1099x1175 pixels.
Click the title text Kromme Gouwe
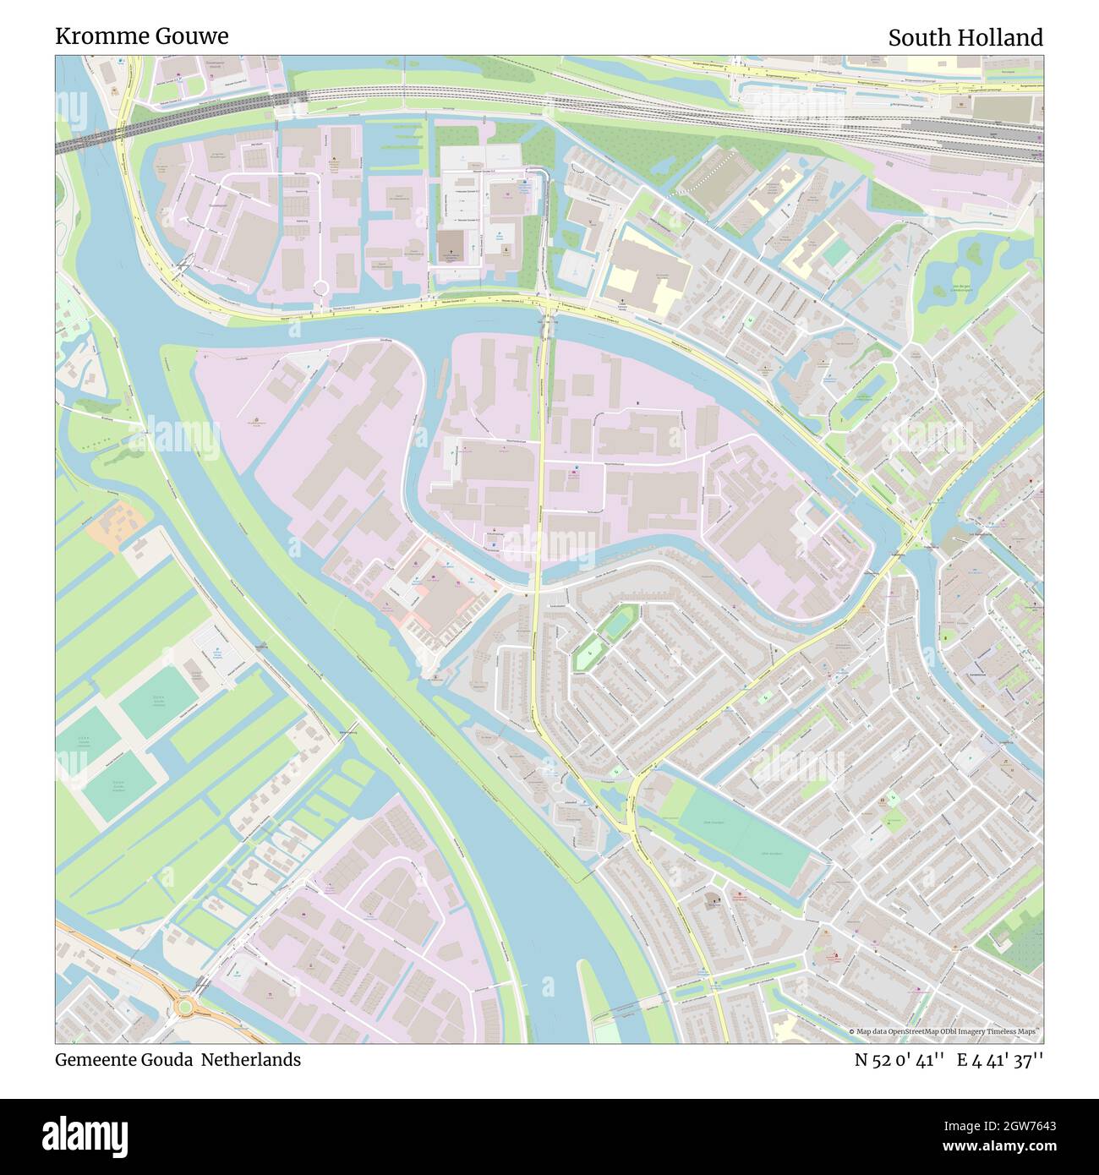[141, 36]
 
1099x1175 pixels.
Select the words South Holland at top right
[965, 38]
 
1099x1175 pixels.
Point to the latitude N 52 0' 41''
[899, 1059]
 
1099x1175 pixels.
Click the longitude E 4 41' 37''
[1000, 1059]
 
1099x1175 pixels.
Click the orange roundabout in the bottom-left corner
[183, 1007]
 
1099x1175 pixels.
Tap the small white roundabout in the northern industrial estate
[321, 289]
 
